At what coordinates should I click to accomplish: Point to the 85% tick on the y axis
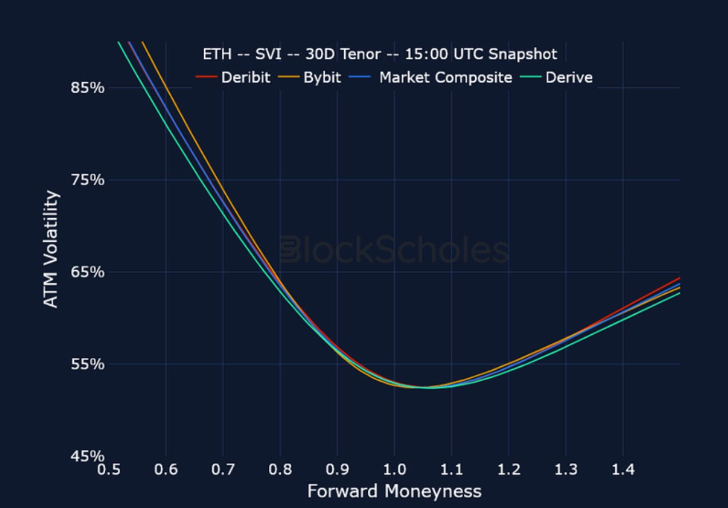(87, 88)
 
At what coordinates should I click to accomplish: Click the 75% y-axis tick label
(87, 180)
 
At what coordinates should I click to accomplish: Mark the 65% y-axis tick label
(87, 272)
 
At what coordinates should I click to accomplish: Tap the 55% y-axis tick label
(87, 364)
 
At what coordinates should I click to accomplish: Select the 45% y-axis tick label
(87, 456)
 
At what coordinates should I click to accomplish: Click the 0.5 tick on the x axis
(109, 470)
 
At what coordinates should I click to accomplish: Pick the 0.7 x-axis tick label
(223, 470)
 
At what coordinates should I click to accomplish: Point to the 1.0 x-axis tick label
(394, 470)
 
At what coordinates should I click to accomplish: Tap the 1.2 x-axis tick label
(508, 470)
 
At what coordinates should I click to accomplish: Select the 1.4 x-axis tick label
(623, 470)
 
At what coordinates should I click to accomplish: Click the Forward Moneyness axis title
(394, 491)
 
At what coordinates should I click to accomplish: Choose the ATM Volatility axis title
(51, 249)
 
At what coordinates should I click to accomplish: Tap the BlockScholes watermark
(394, 250)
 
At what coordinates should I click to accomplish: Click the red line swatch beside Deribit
(206, 77)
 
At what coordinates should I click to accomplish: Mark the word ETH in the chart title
(216, 55)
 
